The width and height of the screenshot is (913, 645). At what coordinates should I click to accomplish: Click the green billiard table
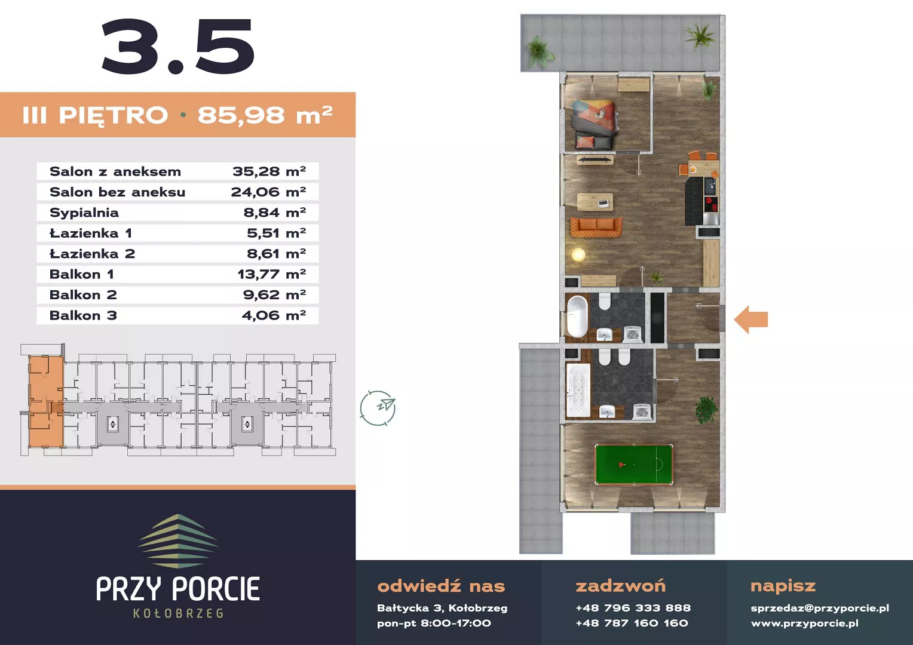634,465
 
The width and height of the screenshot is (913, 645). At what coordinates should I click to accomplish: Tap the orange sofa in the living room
596,228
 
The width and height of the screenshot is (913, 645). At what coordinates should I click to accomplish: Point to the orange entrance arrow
751,320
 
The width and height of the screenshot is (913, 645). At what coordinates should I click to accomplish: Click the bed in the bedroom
595,125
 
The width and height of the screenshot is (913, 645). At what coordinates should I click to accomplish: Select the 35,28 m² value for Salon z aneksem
269,171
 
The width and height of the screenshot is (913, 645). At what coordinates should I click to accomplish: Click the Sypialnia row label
84,213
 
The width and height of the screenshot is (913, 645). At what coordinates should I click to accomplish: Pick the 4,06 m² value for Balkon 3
274,315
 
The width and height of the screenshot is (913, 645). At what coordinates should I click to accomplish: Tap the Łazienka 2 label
92,254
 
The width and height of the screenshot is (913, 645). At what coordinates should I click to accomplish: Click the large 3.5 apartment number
178,47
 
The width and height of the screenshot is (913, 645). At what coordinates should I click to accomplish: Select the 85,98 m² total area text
265,115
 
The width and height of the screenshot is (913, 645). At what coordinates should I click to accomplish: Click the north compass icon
378,408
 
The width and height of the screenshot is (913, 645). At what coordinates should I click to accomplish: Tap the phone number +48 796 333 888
633,608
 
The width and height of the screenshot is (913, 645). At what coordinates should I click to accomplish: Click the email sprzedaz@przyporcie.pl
820,608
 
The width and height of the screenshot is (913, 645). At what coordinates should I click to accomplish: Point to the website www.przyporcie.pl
805,623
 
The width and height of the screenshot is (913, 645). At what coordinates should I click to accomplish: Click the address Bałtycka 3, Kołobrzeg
442,609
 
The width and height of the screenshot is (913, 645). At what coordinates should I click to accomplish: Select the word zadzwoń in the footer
620,586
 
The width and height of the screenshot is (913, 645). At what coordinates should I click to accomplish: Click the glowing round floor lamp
578,255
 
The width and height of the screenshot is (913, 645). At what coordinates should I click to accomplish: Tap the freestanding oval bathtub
577,316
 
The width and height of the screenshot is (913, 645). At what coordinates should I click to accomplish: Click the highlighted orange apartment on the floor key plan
46,401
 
